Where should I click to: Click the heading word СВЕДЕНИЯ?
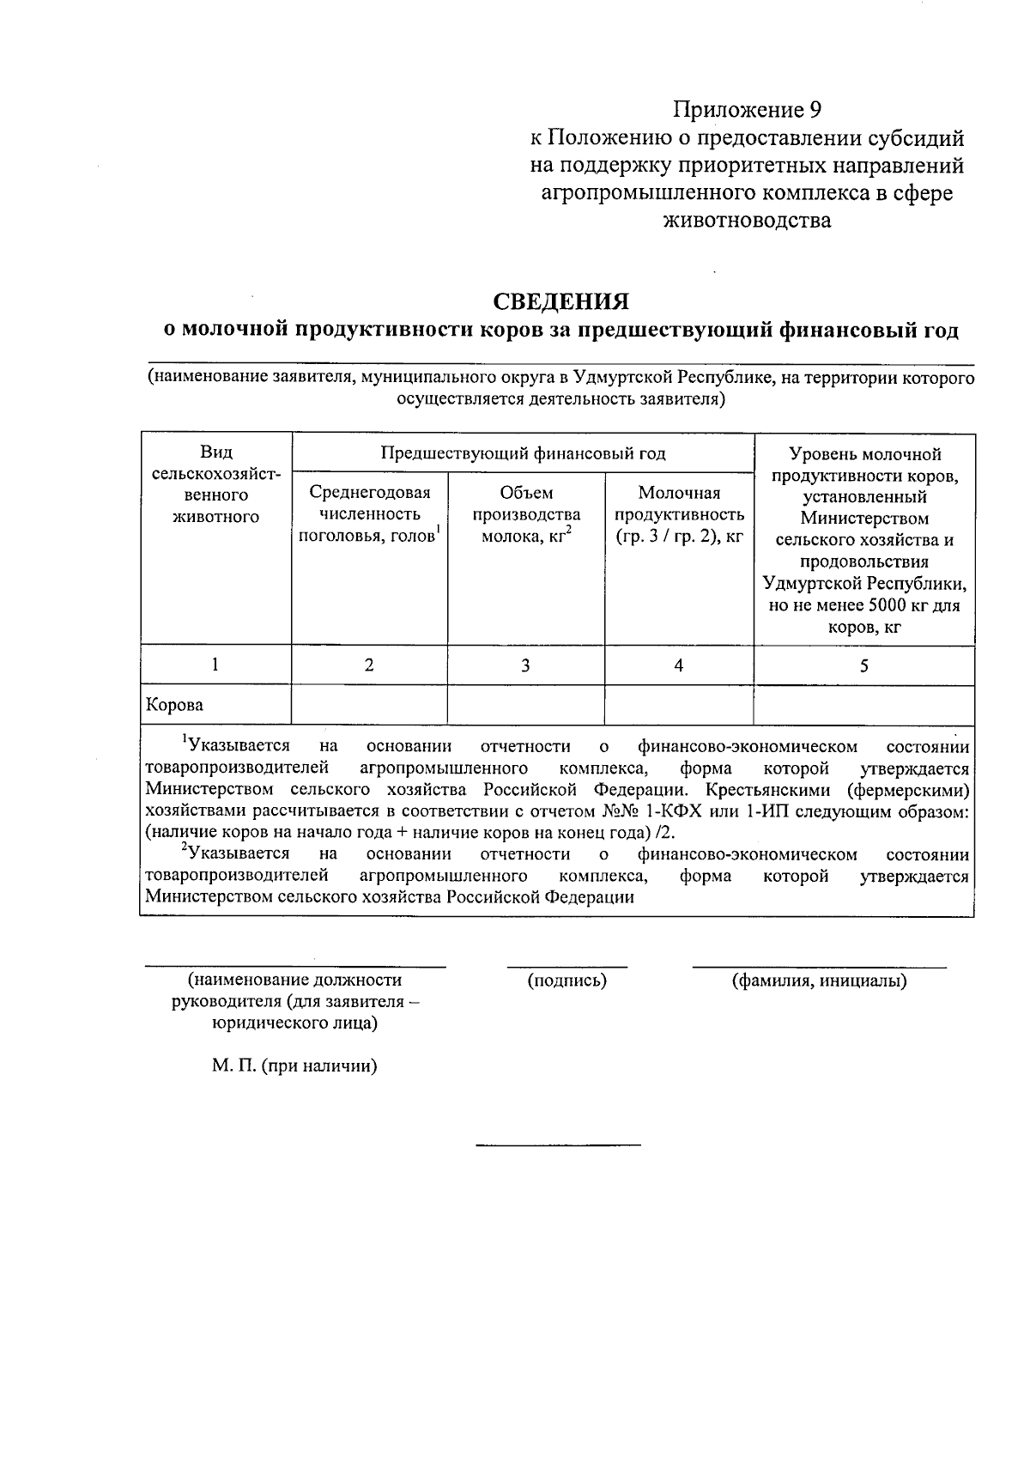560,301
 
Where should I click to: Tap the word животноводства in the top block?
746,221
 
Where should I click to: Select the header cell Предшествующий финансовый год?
523,453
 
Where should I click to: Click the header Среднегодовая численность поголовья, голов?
369,515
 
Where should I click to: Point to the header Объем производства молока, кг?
526,515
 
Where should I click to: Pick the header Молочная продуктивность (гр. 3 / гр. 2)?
679,515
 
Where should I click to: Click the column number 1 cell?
215,665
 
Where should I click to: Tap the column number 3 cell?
525,665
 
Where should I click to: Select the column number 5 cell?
863,665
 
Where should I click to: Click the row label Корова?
175,706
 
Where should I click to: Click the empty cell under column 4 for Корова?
679,706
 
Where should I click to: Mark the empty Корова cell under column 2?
369,706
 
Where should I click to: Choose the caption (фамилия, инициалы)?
819,980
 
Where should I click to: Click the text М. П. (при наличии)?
295,1065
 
